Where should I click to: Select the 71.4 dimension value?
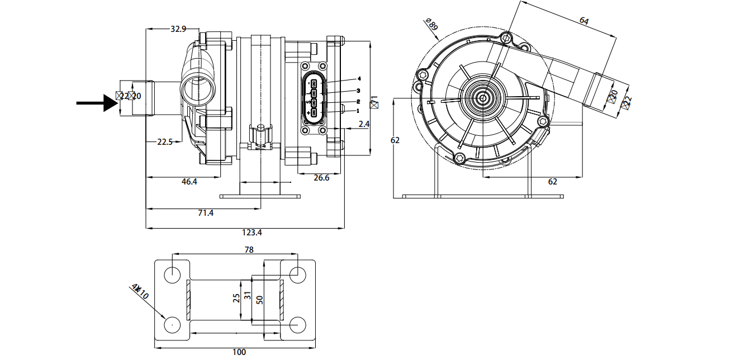pyautogui.click(x=205, y=213)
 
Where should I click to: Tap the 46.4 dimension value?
pyautogui.click(x=189, y=182)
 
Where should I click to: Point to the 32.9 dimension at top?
pyautogui.click(x=178, y=29)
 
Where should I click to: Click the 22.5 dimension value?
pyautogui.click(x=165, y=142)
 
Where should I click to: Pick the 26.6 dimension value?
pyautogui.click(x=321, y=178)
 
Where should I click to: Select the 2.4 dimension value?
pyautogui.click(x=364, y=124)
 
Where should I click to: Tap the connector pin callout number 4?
pyautogui.click(x=359, y=79)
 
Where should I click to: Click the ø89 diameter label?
pyautogui.click(x=432, y=25)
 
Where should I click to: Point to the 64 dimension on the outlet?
pyautogui.click(x=584, y=21)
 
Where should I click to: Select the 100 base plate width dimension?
pyautogui.click(x=239, y=352)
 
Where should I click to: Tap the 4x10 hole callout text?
pyautogui.click(x=140, y=291)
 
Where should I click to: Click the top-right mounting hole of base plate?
pyautogui.click(x=298, y=274)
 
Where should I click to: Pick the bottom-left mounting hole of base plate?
pyautogui.click(x=172, y=324)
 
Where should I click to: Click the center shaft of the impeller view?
pyautogui.click(x=481, y=97)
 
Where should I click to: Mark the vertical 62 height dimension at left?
pyautogui.click(x=395, y=140)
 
